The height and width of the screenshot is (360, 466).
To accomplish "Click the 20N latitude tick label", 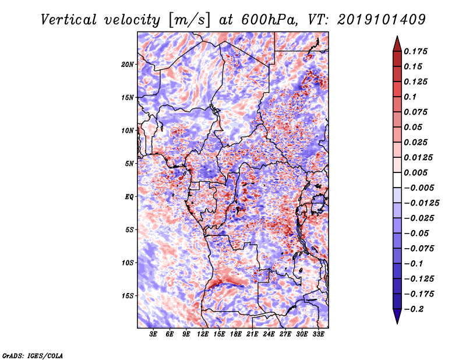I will point(128,64).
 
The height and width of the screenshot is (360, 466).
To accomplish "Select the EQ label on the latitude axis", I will point(129,196).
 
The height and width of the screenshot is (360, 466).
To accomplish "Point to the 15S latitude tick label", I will point(128,295).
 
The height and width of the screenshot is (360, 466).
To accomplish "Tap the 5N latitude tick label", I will point(129,163).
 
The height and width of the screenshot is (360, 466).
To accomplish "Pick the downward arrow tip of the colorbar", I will point(396,322).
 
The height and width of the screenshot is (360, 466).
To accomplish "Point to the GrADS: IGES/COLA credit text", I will point(33,355).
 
